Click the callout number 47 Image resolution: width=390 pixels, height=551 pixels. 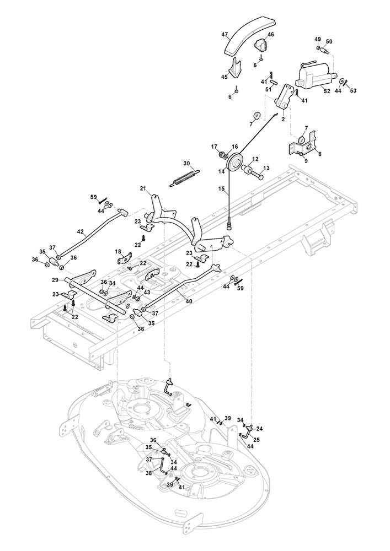click(225, 35)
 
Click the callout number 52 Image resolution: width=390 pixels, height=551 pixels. click(327, 91)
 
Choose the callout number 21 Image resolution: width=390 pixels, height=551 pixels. click(142, 189)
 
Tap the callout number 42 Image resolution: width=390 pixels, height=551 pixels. click(81, 232)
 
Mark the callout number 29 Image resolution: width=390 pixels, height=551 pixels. click(55, 280)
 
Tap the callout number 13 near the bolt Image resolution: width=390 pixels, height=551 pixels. click(266, 168)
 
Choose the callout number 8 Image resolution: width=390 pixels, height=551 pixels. click(319, 155)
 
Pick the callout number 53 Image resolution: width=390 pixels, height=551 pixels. click(353, 90)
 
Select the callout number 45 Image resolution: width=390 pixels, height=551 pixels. click(225, 77)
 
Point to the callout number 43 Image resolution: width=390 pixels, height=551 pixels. click(147, 292)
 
